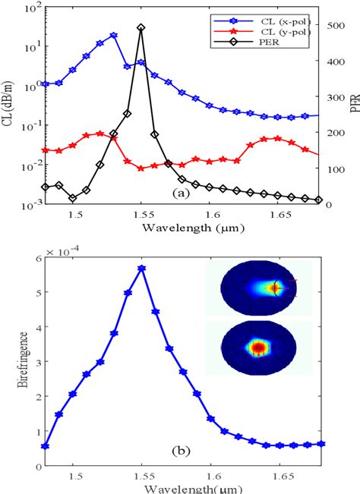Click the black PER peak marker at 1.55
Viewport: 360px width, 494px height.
[141, 27]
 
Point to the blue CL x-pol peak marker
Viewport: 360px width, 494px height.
[113, 36]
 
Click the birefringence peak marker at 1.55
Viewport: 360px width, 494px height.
[141, 269]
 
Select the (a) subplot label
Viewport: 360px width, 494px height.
[180, 194]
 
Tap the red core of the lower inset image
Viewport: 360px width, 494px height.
[258, 348]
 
